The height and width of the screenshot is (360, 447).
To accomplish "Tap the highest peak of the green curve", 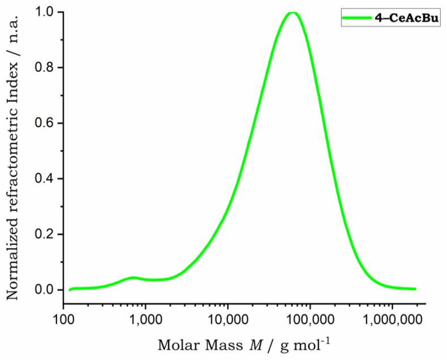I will [293, 12].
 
